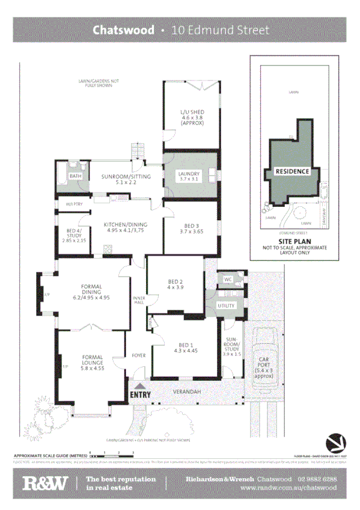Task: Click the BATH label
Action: [x=75, y=176]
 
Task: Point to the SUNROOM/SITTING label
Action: [x=125, y=176]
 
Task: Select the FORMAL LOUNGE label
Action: [x=92, y=360]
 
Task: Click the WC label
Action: [x=228, y=280]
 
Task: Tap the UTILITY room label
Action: [x=227, y=306]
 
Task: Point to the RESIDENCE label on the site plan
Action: [x=292, y=171]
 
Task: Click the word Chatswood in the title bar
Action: [x=123, y=30]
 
